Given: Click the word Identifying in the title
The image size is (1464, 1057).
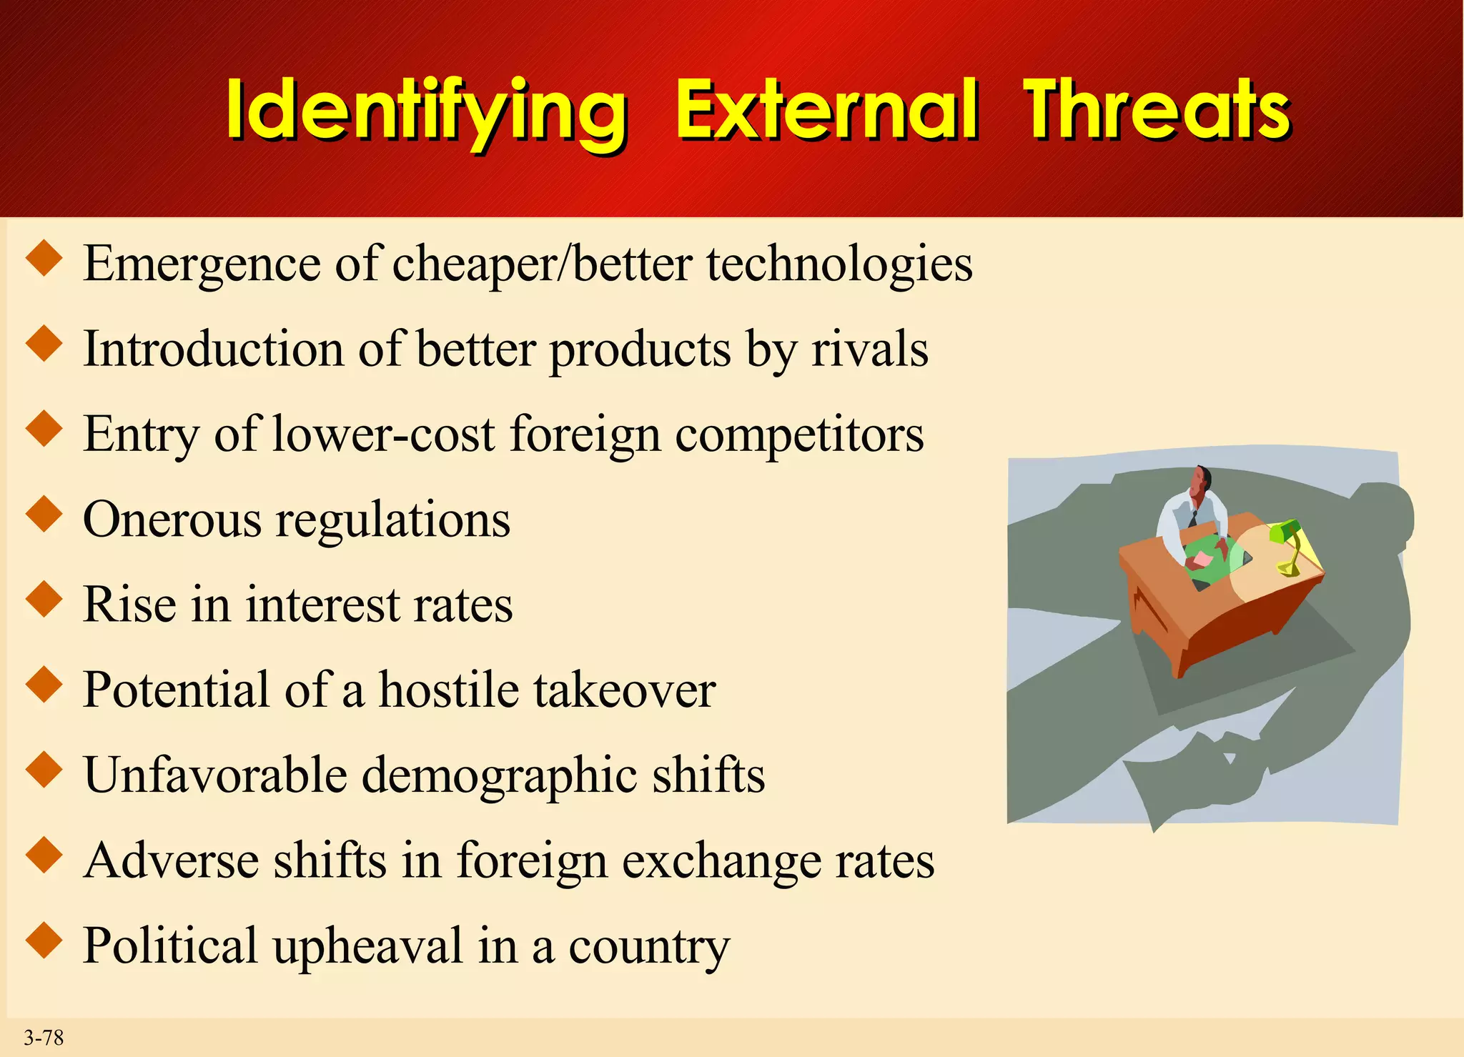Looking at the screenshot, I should click(427, 111).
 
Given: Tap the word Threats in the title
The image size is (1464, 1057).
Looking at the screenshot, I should click(1157, 111).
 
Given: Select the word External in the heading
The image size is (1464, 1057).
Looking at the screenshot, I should click(826, 111).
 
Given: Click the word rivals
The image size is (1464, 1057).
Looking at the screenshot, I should click(869, 349).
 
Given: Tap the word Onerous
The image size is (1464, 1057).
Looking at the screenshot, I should click(172, 520).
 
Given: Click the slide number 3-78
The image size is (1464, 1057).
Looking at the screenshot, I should click(44, 1038).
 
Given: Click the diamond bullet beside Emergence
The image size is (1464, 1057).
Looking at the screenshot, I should click(44, 259).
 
